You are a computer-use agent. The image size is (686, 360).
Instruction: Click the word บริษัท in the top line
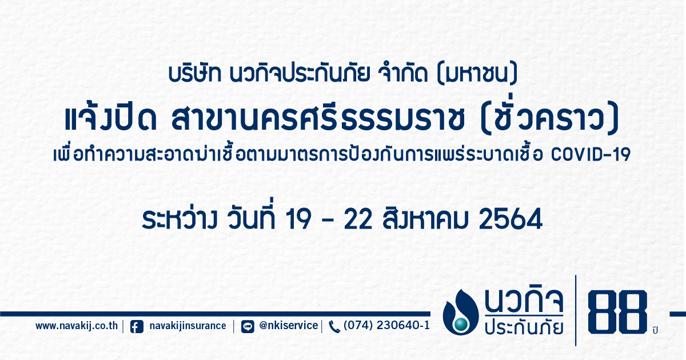pyautogui.click(x=195, y=74)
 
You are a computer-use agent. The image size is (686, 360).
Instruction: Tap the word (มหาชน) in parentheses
pyautogui.click(x=477, y=74)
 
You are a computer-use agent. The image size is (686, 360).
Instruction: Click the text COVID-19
pyautogui.click(x=591, y=155)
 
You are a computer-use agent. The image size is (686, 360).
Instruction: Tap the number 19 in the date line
pyautogui.click(x=298, y=219)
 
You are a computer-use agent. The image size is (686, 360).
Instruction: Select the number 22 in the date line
pyautogui.click(x=358, y=219)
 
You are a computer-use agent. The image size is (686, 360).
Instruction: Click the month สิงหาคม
pyautogui.click(x=426, y=218)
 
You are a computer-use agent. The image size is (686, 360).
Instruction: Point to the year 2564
pyautogui.click(x=511, y=219)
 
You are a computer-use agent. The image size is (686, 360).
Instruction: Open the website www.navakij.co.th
pyautogui.click(x=77, y=326)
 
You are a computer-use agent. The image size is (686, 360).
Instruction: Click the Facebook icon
pyautogui.click(x=137, y=327)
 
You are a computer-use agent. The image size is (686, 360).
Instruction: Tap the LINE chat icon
pyautogui.click(x=248, y=327)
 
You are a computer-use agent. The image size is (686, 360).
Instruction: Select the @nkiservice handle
pyautogui.click(x=289, y=325)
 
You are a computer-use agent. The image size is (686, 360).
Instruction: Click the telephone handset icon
pyautogui.click(x=334, y=327)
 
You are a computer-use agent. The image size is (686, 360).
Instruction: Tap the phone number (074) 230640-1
pyautogui.click(x=387, y=325)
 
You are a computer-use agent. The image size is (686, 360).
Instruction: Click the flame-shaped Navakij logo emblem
pyautogui.click(x=461, y=312)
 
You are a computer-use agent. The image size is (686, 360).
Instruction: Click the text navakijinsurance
pyautogui.click(x=188, y=326)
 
